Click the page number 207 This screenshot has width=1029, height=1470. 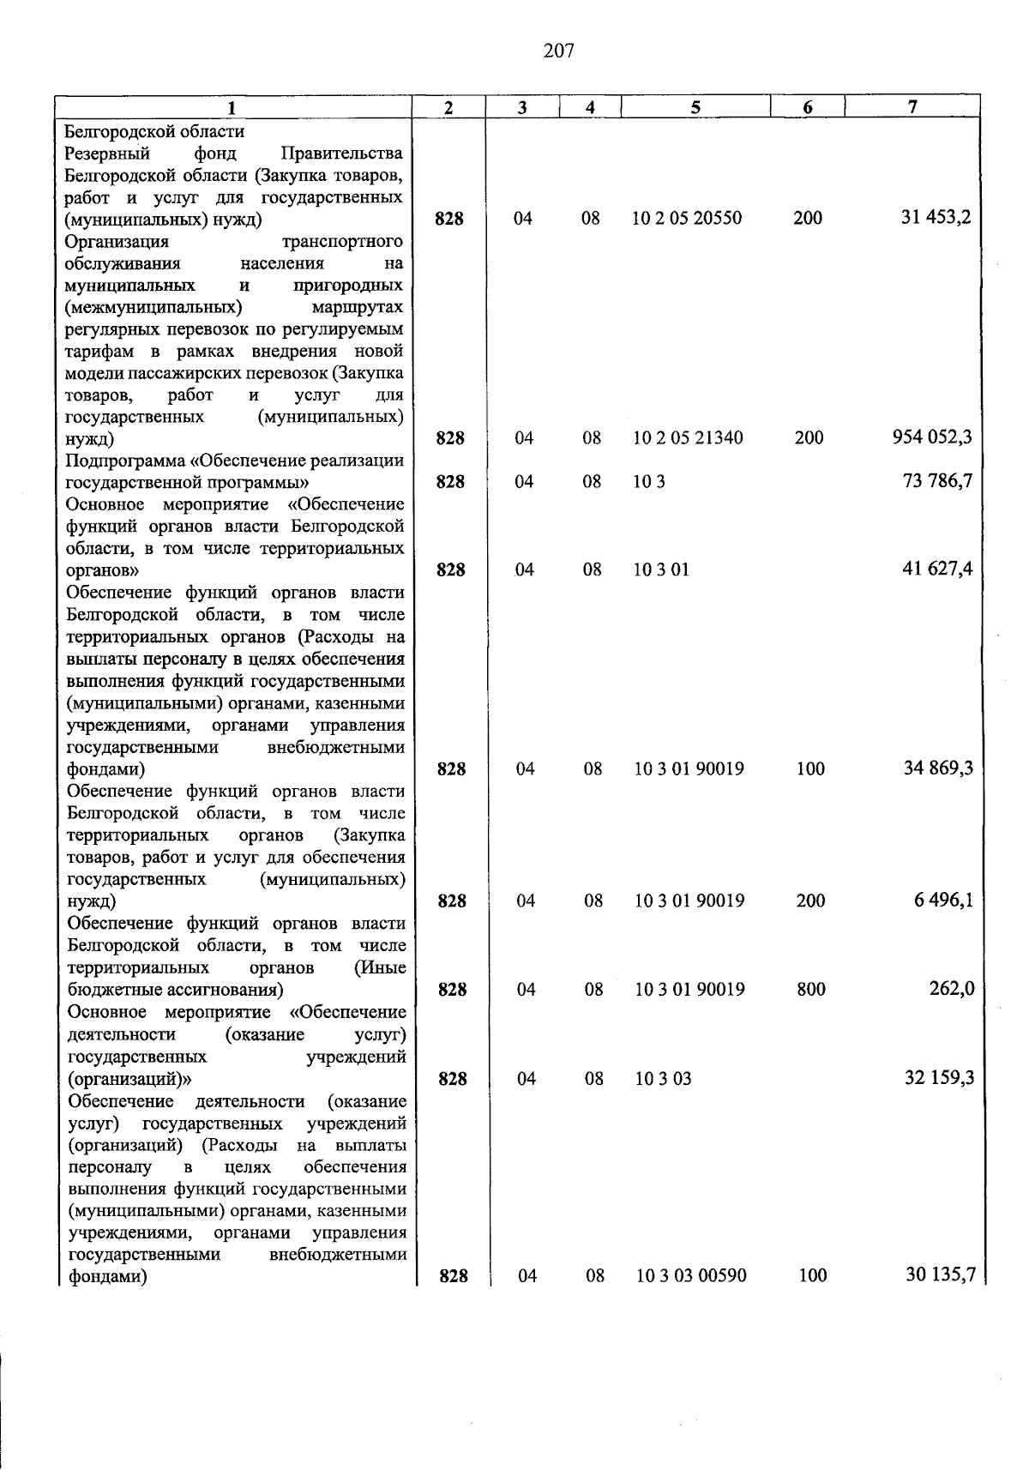(x=558, y=51)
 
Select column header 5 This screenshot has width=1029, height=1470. (x=695, y=107)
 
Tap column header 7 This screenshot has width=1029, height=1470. (x=912, y=107)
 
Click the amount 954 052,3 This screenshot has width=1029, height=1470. (x=932, y=437)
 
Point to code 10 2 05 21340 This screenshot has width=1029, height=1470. (x=688, y=438)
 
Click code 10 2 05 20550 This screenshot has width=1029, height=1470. (x=687, y=218)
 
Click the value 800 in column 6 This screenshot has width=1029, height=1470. (x=810, y=990)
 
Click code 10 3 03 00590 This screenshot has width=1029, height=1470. (x=691, y=1276)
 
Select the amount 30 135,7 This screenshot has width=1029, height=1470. (x=941, y=1275)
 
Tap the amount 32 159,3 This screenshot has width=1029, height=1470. (x=939, y=1078)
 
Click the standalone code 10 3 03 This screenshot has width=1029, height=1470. (x=663, y=1079)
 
